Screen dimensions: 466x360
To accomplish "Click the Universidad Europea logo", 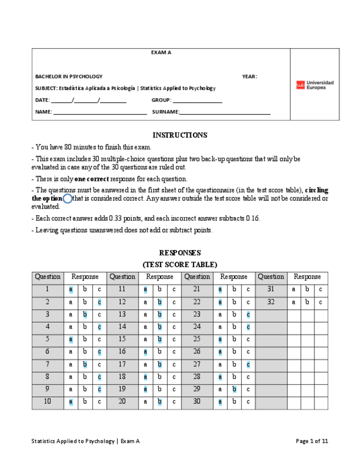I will [x=314, y=85].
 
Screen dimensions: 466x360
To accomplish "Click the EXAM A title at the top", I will [x=161, y=53].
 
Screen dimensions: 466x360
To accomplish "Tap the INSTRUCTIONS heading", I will [x=180, y=135].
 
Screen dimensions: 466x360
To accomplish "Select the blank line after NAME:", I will [x=100, y=113].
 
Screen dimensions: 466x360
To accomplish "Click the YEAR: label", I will [x=249, y=76].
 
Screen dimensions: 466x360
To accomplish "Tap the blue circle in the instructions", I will [x=68, y=198].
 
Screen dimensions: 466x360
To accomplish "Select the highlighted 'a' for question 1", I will [x=70, y=289].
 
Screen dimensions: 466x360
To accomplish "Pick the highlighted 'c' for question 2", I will [x=99, y=302].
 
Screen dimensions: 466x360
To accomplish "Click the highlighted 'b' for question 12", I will [x=159, y=302].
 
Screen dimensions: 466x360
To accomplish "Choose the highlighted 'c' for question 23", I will [x=248, y=314].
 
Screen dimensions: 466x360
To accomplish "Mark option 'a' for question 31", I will [x=293, y=289].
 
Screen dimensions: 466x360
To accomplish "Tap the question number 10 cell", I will [x=47, y=402].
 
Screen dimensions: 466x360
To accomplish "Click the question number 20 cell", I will [x=122, y=402].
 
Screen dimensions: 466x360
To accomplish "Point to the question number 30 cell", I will [x=197, y=402].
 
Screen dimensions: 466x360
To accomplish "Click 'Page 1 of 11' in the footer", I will [x=312, y=441].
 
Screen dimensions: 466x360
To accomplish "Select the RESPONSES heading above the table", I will [x=180, y=253].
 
